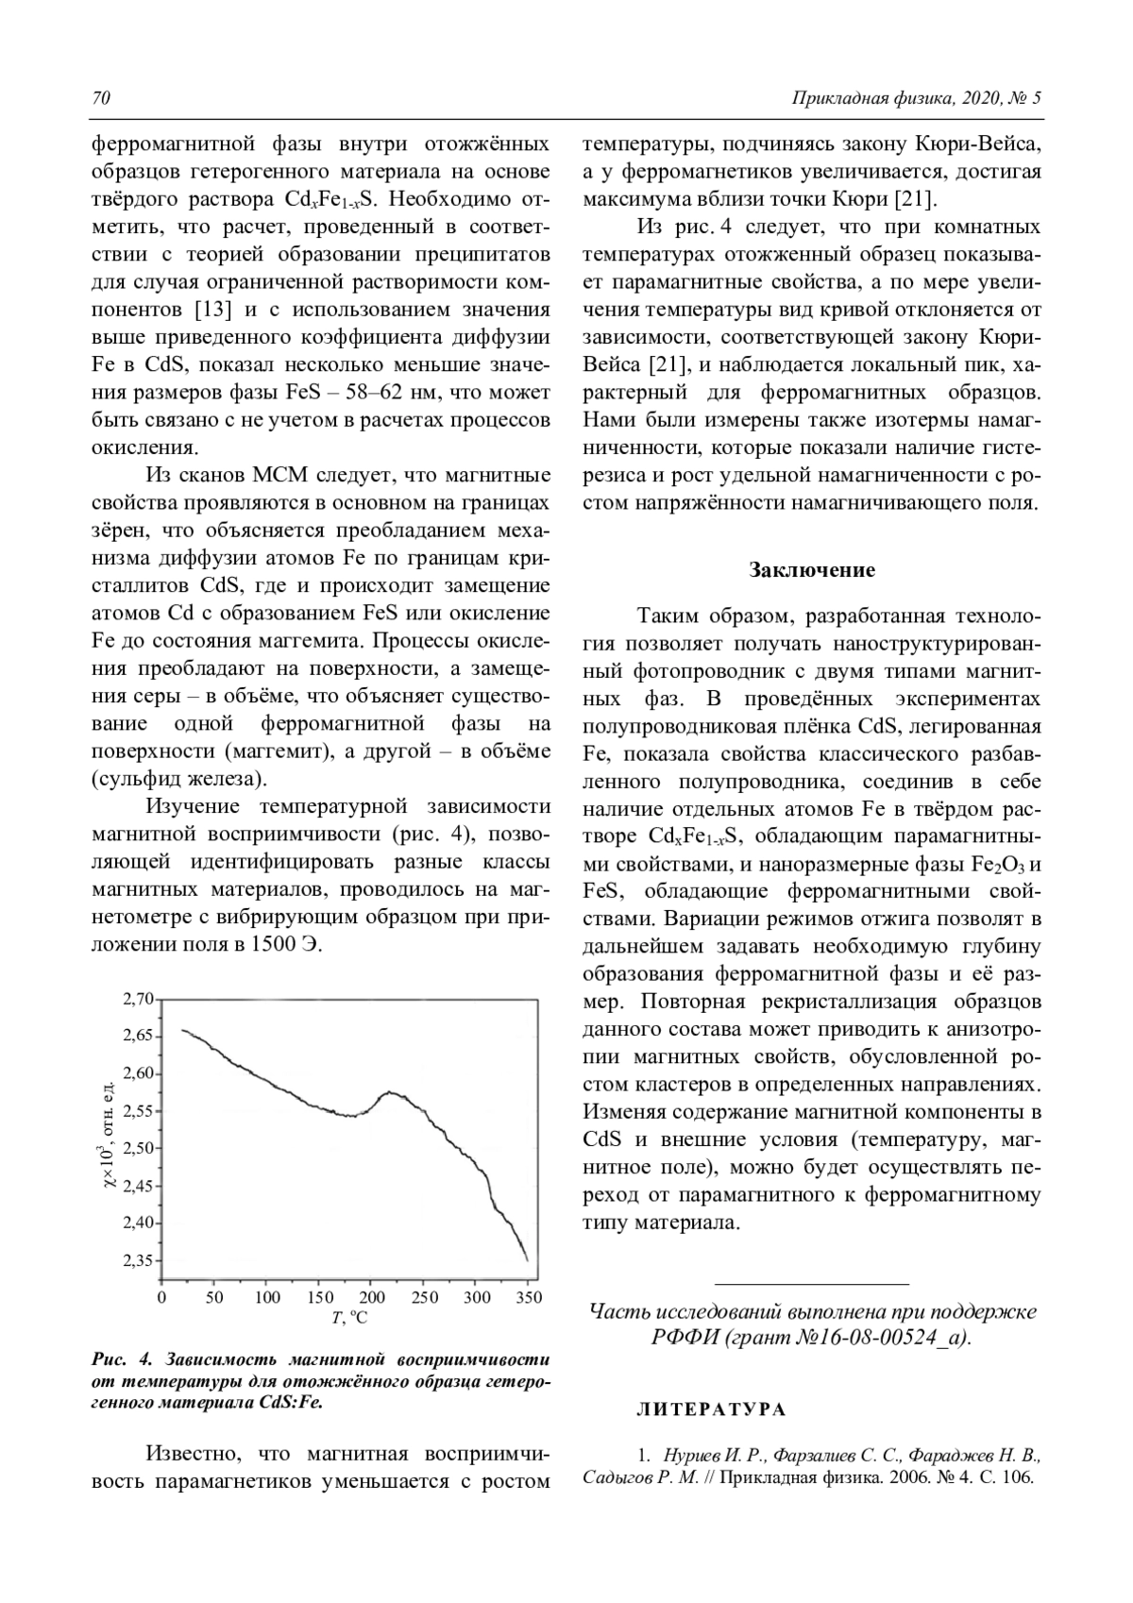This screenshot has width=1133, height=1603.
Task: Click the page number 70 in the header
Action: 101,99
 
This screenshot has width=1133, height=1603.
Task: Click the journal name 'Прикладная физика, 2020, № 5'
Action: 916,99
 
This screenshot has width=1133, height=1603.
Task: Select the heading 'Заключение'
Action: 812,570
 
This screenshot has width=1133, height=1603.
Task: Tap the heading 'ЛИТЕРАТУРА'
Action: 711,1410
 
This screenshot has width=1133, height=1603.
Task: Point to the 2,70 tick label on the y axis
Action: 139,999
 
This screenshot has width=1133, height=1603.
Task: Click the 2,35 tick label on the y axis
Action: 139,1260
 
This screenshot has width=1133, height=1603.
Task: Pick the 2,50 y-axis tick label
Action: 139,1148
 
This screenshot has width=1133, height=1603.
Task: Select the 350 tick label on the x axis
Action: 530,1298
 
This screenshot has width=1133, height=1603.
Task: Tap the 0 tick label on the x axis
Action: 162,1298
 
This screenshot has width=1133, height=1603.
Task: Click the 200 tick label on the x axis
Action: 372,1298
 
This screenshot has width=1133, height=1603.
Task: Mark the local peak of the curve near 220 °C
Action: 390,1093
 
